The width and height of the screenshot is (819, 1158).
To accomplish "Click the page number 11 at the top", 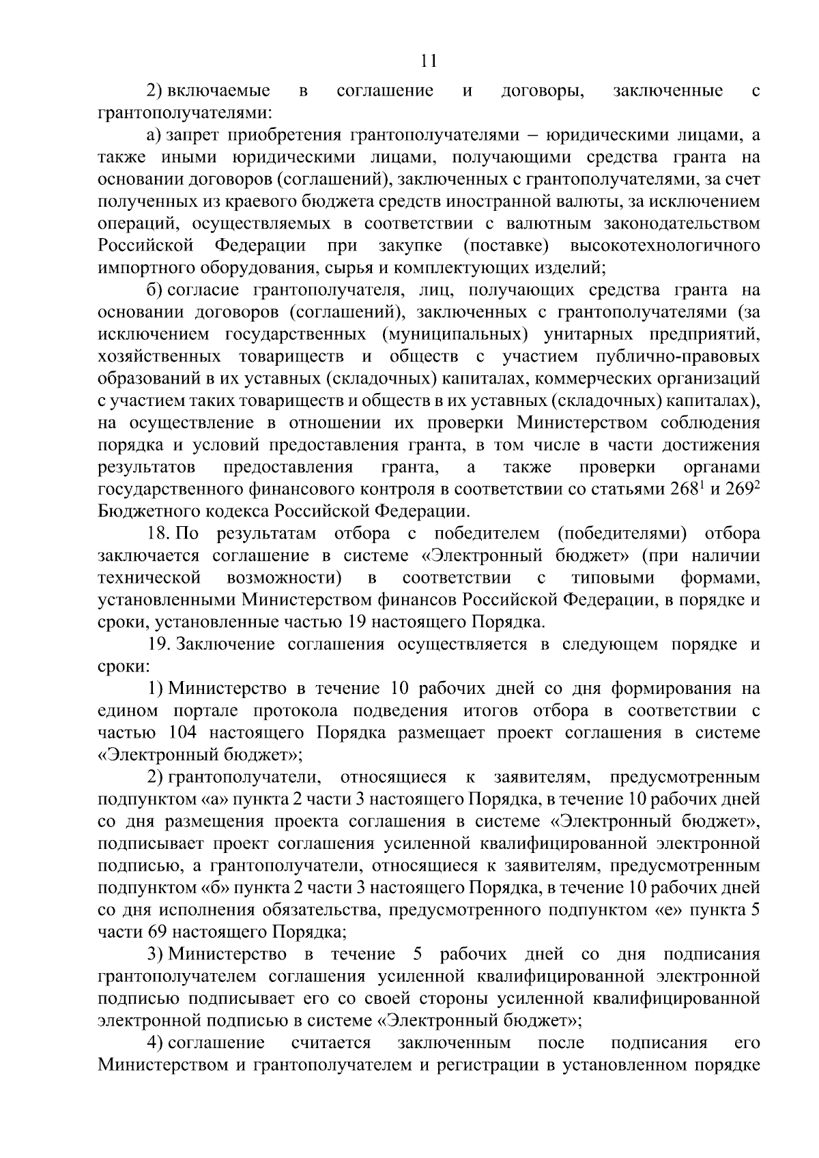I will (429, 61).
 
